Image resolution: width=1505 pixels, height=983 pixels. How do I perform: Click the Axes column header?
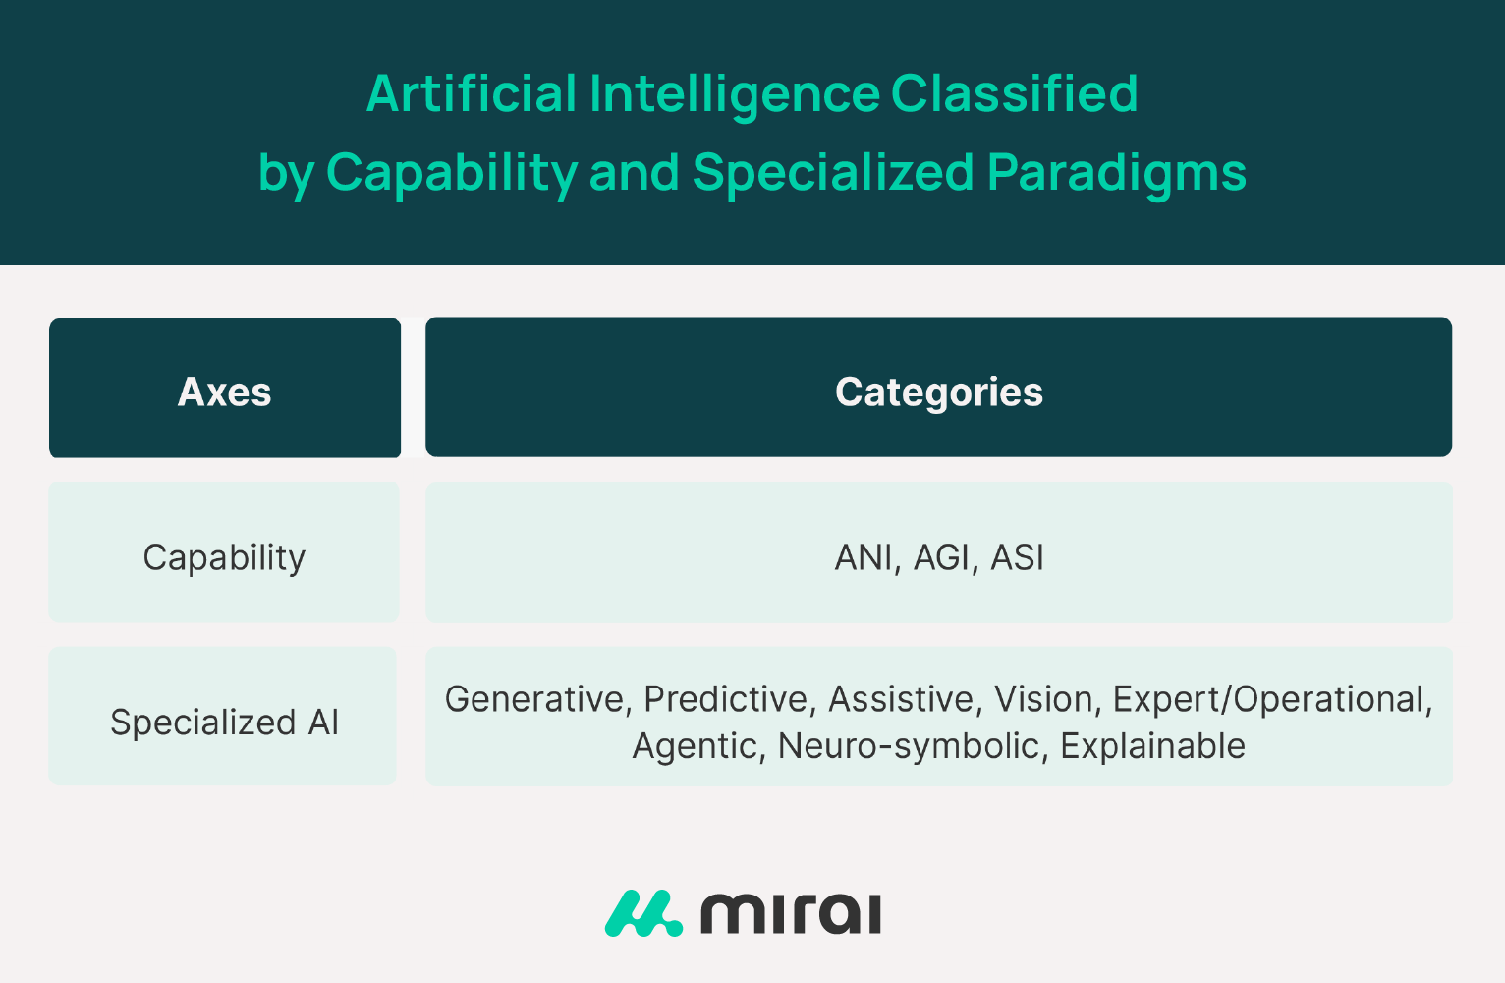pyautogui.click(x=224, y=392)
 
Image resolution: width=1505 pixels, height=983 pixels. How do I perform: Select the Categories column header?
pyautogui.click(x=938, y=392)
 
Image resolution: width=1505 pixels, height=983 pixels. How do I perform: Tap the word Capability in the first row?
pyautogui.click(x=224, y=558)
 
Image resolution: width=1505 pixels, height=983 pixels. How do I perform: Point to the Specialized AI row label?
pyautogui.click(x=224, y=723)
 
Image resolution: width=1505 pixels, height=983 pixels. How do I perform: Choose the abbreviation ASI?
pyautogui.click(x=1017, y=557)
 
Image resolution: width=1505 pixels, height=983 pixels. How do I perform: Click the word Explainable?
pyautogui.click(x=1153, y=746)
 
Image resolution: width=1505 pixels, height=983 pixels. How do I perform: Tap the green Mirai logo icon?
pyautogui.click(x=643, y=913)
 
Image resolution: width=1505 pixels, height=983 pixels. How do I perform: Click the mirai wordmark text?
pyautogui.click(x=791, y=914)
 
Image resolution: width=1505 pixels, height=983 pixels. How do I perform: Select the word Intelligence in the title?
pyautogui.click(x=735, y=94)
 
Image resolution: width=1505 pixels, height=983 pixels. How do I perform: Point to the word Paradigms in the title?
pyautogui.click(x=1117, y=174)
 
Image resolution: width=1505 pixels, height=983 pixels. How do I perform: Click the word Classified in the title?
pyautogui.click(x=1015, y=93)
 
